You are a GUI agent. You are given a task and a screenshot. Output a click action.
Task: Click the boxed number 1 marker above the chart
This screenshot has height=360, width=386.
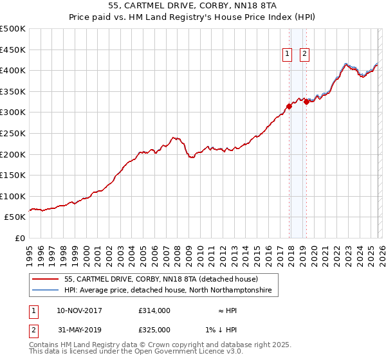pos(286,55)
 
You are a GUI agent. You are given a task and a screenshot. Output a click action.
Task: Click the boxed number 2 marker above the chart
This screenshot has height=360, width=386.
pos(304,55)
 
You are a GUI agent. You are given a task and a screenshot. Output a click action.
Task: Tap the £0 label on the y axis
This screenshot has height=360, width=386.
pos(19,239)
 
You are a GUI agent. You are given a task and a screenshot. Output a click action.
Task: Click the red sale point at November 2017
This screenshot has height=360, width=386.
pos(289,107)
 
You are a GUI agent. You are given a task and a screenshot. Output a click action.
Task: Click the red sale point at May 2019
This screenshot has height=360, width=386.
pos(306,102)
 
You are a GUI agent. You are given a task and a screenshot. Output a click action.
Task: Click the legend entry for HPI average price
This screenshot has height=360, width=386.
pos(168,291)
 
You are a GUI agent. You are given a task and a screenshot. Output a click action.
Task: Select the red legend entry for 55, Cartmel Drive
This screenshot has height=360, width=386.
pos(161,279)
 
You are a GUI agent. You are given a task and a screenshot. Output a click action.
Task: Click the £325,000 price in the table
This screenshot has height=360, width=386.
pos(154,329)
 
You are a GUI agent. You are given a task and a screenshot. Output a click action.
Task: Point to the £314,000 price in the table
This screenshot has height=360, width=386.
pos(154,310)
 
